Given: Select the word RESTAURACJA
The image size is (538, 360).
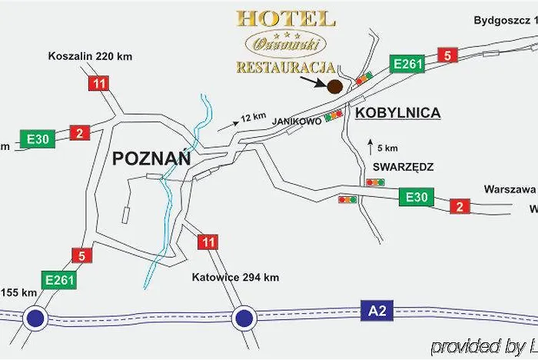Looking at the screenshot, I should tap(285, 67).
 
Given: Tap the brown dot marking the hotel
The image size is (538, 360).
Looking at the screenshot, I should tap(335, 87).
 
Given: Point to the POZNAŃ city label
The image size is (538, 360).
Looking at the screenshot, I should tap(151, 158).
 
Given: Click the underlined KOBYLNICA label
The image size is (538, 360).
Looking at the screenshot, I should tap(398, 113).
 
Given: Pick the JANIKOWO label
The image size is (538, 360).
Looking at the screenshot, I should tap(296, 121).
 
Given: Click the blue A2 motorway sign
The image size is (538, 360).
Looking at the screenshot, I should tap(372, 311).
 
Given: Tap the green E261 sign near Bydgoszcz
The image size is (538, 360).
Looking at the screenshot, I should tap(407, 64).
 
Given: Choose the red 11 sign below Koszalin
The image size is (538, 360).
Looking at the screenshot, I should tap(98, 83).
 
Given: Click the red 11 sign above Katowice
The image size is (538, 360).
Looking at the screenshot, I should tap(208, 242).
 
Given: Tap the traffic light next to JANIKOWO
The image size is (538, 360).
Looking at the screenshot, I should tap(334, 115).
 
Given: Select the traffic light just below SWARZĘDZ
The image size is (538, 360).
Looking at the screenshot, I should tap(375, 182).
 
